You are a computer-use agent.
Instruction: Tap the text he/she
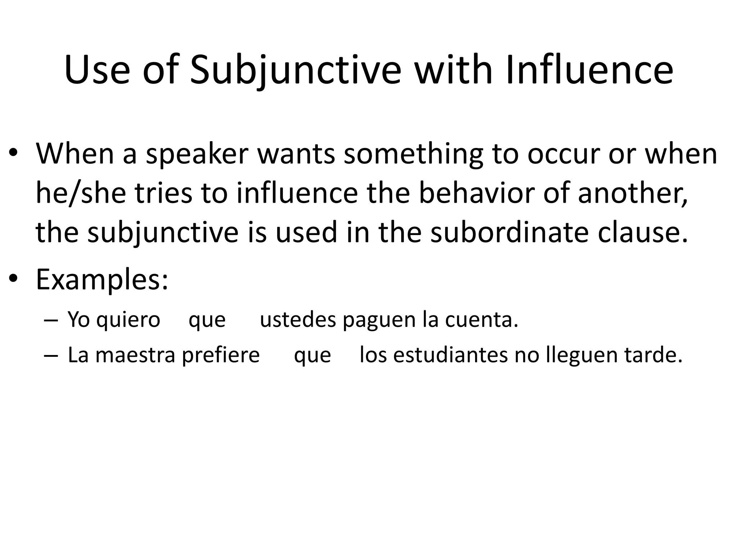[x=81, y=193]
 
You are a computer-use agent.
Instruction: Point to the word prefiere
[x=221, y=355]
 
